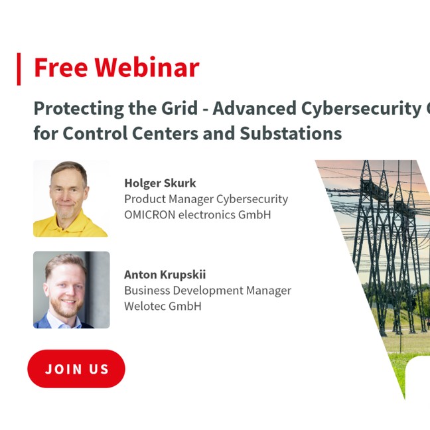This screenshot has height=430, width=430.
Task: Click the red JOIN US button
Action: click(76, 368)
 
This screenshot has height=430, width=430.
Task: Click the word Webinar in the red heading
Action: click(147, 68)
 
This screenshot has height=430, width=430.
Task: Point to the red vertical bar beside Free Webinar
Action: click(19, 69)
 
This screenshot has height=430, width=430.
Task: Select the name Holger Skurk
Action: click(160, 183)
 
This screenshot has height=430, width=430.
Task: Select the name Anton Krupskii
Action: click(165, 275)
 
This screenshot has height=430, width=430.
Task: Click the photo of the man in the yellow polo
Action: click(71, 198)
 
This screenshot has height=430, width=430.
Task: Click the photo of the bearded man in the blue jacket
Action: click(71, 290)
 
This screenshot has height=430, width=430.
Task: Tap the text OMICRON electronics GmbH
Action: click(198, 215)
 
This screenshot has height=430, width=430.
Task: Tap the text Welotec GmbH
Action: click(163, 306)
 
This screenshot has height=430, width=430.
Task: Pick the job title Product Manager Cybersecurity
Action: click(206, 199)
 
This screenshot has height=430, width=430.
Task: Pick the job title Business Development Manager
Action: click(208, 291)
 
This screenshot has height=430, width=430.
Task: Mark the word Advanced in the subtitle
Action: click(255, 108)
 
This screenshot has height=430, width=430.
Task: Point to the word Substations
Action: click(291, 133)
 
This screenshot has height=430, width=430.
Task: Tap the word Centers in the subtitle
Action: click(165, 133)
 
